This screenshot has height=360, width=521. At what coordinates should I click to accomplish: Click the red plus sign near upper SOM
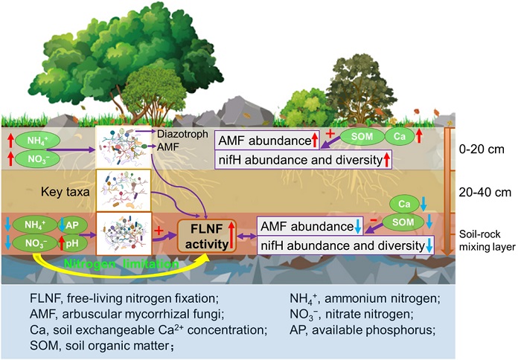tap(330, 129)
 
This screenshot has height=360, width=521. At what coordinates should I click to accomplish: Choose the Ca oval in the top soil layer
tap(400, 138)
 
